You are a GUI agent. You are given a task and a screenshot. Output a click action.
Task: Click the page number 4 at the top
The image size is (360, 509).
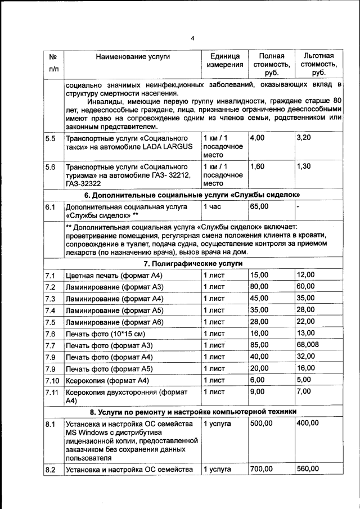192,39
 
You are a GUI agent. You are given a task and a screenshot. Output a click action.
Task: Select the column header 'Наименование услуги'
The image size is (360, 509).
133,56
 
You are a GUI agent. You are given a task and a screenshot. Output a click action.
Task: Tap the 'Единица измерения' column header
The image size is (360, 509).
224,60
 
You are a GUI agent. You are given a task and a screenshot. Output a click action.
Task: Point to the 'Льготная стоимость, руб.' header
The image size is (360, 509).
318,64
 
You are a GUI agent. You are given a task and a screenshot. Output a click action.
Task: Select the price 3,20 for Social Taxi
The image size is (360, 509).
304,138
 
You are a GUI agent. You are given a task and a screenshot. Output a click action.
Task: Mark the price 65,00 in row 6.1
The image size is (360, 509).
259,206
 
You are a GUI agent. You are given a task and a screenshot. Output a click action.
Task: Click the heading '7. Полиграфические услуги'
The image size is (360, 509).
193,263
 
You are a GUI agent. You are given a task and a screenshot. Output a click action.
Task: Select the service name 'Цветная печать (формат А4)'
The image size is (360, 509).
114,276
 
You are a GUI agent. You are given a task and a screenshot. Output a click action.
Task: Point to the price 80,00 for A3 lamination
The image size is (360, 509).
259,287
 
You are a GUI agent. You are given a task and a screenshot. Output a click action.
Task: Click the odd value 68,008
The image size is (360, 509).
308,345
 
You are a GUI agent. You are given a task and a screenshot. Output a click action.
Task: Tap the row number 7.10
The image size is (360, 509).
51,381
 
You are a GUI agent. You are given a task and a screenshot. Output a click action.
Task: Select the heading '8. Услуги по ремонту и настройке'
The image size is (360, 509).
193,412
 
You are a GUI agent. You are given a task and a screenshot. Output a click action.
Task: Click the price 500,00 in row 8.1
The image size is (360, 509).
261,424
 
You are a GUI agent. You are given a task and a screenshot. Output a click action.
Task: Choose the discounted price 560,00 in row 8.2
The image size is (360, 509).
308,469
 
